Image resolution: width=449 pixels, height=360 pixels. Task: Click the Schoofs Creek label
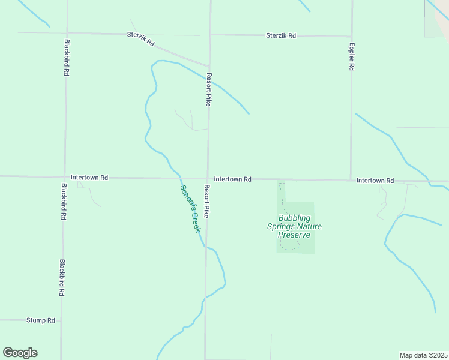coord(190,208)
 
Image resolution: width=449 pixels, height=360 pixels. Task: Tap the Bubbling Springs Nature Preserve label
coord(294,226)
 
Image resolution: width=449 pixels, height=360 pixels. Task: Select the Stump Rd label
coord(41,320)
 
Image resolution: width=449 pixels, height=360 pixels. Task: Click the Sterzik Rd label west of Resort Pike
coord(141,40)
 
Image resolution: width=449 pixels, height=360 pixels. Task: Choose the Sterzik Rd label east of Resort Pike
coord(281,35)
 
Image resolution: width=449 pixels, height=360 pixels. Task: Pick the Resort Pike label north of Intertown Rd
coord(209,90)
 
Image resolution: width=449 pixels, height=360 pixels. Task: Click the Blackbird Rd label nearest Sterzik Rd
coord(66,57)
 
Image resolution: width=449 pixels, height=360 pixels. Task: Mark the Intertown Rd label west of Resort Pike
coord(89,178)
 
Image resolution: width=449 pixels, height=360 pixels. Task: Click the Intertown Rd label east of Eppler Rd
coord(375,181)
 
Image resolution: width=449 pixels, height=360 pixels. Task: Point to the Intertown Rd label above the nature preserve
coord(232,179)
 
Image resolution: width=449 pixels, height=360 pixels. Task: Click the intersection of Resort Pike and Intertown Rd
coord(208,178)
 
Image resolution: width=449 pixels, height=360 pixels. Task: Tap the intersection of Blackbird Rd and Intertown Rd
coord(64,177)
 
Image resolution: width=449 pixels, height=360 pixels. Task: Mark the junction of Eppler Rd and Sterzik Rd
coord(352,36)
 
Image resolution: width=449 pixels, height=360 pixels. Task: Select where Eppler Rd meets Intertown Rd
coord(351,180)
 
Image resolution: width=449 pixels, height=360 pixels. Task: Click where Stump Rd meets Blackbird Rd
coord(61,320)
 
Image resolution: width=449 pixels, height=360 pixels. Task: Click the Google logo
coord(20,353)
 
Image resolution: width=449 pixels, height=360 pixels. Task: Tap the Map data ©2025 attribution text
coord(423,355)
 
